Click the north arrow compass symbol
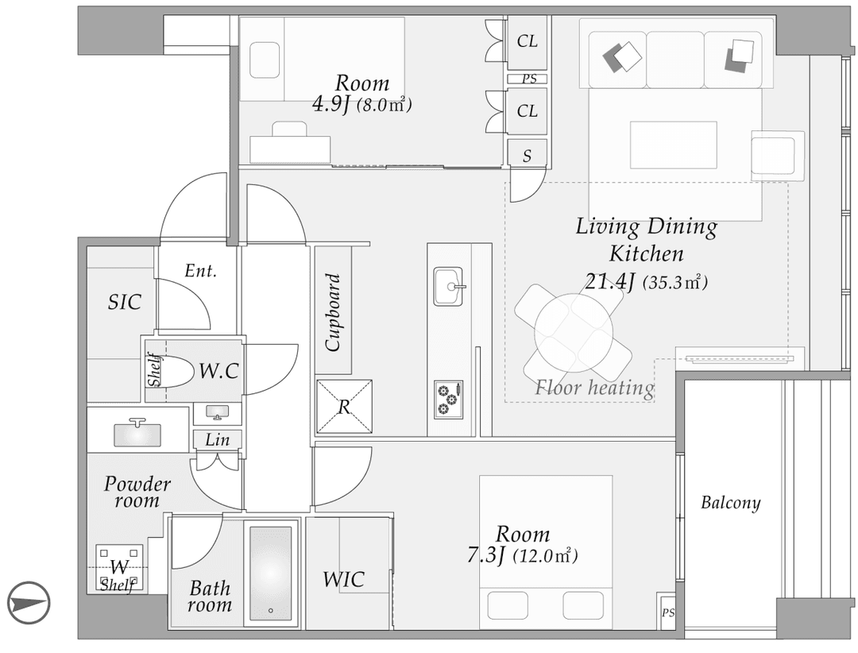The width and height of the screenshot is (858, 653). [x=29, y=601]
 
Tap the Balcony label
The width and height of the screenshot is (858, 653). [x=730, y=503]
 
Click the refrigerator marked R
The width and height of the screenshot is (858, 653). [x=344, y=406]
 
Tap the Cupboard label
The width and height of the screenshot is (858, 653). [x=333, y=312]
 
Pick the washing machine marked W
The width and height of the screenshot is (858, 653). [x=119, y=567]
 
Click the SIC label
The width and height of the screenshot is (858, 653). [x=125, y=302]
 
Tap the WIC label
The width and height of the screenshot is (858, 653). [x=343, y=579]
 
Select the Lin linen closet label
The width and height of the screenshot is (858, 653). [x=217, y=439]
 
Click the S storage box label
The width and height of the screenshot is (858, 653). [x=527, y=156]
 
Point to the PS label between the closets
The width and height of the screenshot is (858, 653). [x=528, y=79]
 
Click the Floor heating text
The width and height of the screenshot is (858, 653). [x=594, y=388]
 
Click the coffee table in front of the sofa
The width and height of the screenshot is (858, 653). [x=673, y=145]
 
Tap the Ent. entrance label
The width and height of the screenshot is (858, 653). [x=200, y=271]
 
